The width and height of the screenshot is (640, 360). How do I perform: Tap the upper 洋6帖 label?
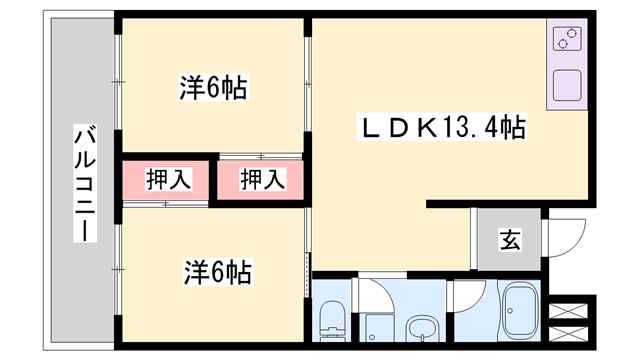[x=214, y=88]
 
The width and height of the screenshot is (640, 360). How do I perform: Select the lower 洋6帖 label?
[x=217, y=270]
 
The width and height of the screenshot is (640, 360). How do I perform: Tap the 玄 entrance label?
[x=509, y=240]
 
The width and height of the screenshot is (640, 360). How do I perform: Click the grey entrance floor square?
[x=508, y=240]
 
